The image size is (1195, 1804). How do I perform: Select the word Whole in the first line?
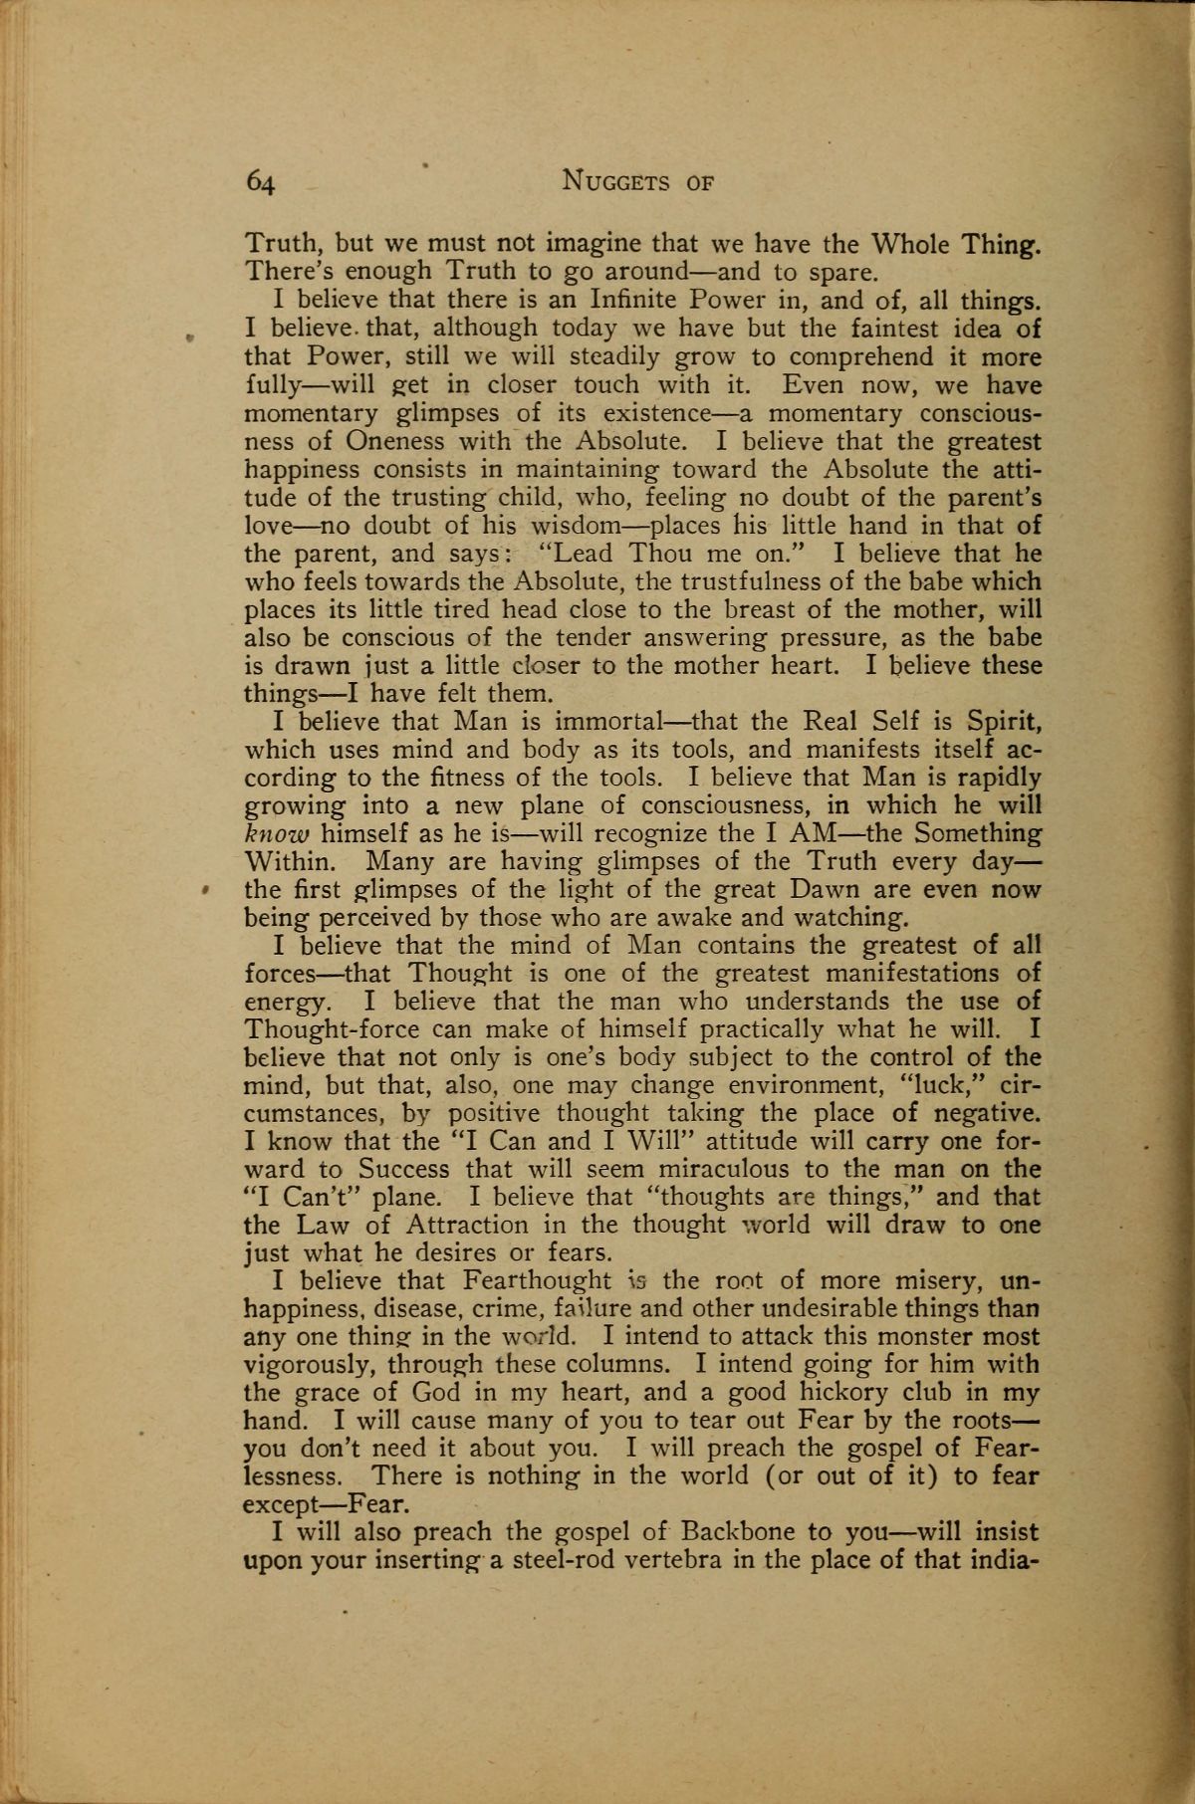pyautogui.click(x=911, y=242)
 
